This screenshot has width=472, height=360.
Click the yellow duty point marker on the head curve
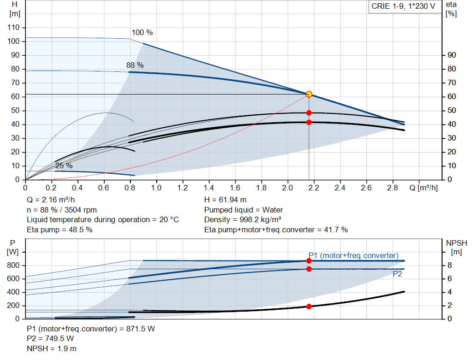pyautogui.click(x=309, y=94)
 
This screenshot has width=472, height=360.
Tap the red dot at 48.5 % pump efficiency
pyautogui.click(x=309, y=113)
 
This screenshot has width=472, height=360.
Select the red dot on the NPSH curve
pyautogui.click(x=309, y=306)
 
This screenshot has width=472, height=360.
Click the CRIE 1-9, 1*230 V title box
pyautogui.click(x=403, y=6)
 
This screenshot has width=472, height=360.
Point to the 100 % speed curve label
pyautogui.click(x=142, y=33)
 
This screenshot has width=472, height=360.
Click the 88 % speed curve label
pyautogui.click(x=135, y=65)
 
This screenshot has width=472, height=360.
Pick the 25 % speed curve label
pyautogui.click(x=64, y=165)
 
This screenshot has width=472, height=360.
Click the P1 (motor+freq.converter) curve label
pyautogui.click(x=354, y=255)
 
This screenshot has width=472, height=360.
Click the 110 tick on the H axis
pyautogui.click(x=14, y=28)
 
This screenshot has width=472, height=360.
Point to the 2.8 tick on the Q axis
pyautogui.click(x=393, y=188)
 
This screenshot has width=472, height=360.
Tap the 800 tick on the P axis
pyautogui.click(x=13, y=266)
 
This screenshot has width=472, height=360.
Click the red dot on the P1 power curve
pyautogui.click(x=309, y=261)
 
